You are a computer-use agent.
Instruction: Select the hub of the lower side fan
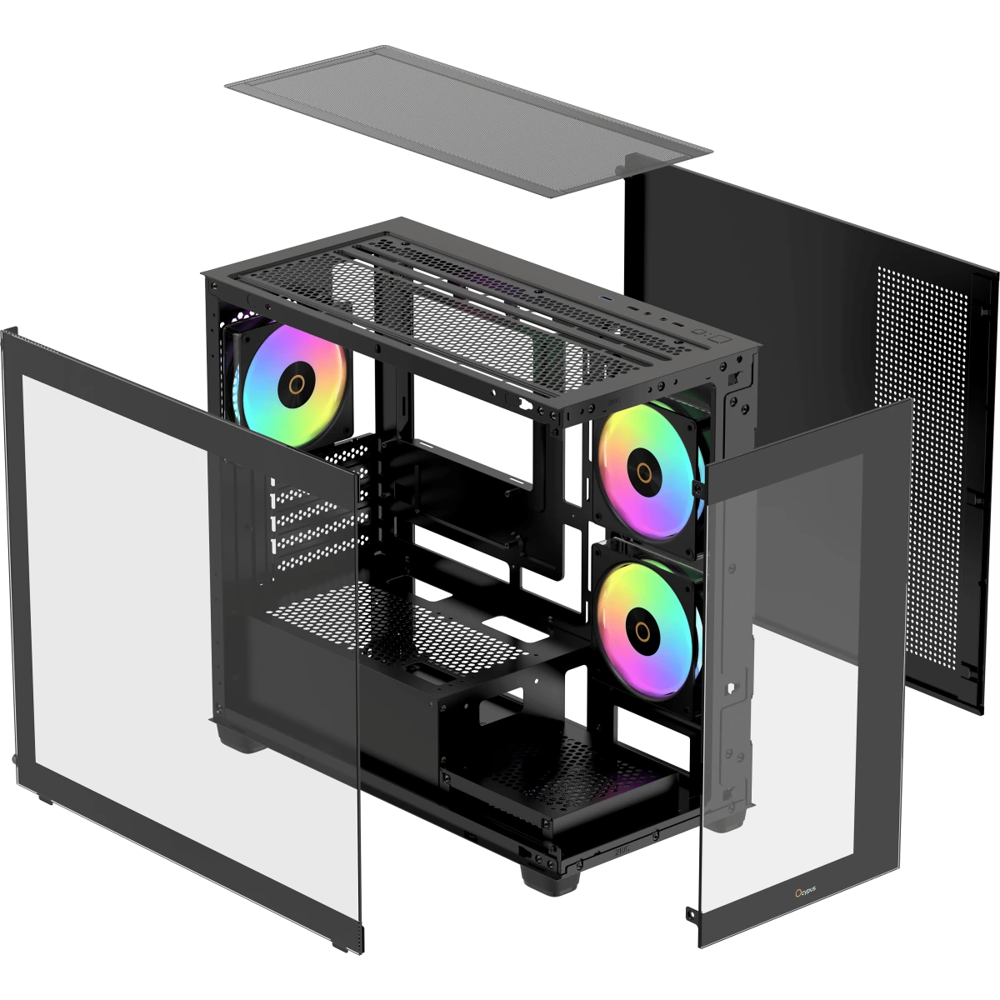click(x=642, y=632)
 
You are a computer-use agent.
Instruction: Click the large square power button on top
click(x=720, y=338)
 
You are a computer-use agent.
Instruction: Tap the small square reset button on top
click(x=699, y=332)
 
